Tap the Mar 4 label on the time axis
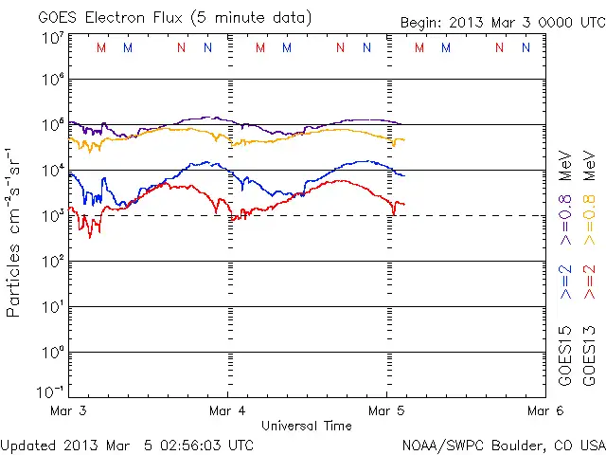click(227, 410)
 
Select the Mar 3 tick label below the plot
click(68, 410)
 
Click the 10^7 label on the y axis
click(52, 39)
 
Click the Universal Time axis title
click(307, 426)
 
